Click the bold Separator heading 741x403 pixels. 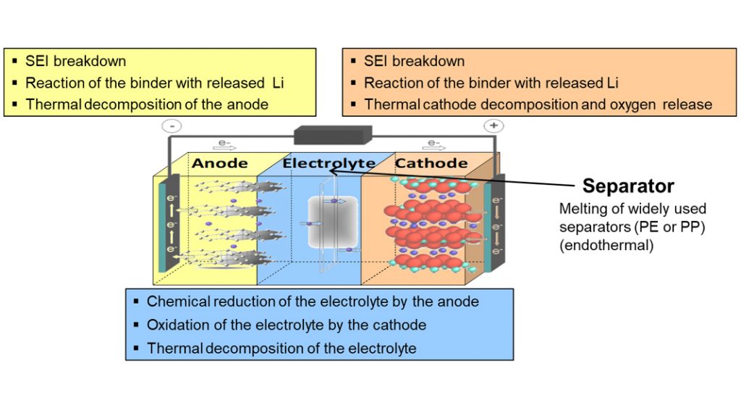[x=628, y=186]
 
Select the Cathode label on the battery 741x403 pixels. [x=431, y=163]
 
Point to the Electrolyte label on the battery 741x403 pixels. [x=329, y=163]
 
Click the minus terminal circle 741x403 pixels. [x=174, y=125]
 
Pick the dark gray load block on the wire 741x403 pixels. [x=333, y=134]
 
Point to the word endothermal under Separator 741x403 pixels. [x=605, y=245]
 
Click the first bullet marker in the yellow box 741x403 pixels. [x=15, y=62]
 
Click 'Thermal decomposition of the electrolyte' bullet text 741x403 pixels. [x=281, y=349]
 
